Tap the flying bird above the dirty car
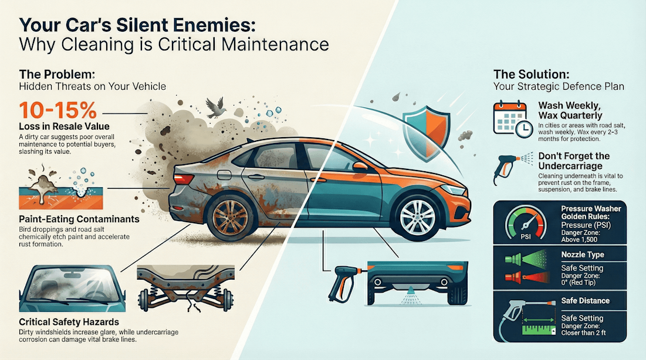(x=215, y=106)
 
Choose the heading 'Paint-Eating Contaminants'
(x=79, y=219)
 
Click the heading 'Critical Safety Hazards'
(x=70, y=322)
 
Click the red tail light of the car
(x=183, y=178)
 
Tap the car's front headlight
(x=452, y=189)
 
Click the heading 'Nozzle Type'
(x=583, y=255)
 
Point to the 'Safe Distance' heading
(x=585, y=301)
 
